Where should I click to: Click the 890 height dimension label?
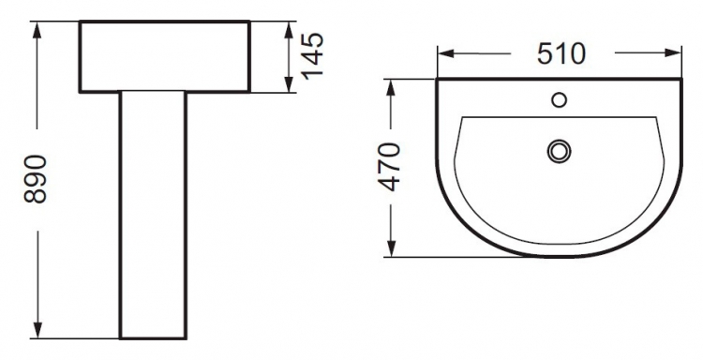point(36,179)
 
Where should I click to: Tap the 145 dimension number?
point(312,56)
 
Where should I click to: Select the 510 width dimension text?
point(561,53)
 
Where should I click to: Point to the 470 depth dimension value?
point(389,167)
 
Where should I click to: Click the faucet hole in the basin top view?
point(559,100)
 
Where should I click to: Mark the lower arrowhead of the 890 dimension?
point(37,330)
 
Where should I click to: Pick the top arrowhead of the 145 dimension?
point(289,29)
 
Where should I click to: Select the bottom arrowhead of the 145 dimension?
point(289,84)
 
